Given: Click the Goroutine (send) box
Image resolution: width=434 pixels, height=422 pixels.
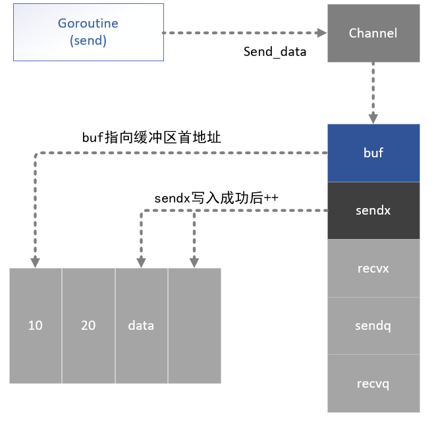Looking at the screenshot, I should tap(88, 33).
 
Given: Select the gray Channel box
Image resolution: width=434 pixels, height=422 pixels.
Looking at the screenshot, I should tap(373, 33).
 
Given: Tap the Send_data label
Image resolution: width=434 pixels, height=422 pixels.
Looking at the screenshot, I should tap(275, 51).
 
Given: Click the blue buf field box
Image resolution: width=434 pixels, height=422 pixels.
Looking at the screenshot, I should tap(373, 153).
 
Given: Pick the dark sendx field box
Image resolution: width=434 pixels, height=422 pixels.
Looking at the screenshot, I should tap(373, 210).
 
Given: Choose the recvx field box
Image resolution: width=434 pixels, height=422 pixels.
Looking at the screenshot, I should tap(373, 268).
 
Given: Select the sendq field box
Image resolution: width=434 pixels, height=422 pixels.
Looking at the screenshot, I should tap(373, 325).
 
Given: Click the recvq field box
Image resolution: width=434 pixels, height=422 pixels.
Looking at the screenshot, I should tap(373, 383).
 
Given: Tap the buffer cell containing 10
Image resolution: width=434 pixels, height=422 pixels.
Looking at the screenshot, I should tap(36, 325).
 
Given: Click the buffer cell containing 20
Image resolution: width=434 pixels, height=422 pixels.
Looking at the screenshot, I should tap(88, 325).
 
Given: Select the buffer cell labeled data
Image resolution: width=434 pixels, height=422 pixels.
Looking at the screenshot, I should tap(141, 325).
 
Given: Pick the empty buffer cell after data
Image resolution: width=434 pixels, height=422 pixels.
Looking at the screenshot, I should tap(194, 325).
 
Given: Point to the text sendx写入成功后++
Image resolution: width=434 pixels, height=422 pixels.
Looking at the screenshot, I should tap(217, 197).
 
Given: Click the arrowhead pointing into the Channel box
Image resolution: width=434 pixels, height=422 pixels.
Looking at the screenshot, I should tap(322, 33).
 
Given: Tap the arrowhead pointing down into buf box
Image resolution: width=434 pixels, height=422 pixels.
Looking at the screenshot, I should tap(373, 119).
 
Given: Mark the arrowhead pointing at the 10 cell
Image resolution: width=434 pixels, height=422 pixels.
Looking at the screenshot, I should tap(36, 262).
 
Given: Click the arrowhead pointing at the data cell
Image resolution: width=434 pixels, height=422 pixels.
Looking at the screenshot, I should tap(140, 262).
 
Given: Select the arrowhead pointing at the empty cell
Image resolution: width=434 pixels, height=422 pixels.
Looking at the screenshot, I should tap(194, 262).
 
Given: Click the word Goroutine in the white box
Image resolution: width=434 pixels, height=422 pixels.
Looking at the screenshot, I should tap(88, 24).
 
